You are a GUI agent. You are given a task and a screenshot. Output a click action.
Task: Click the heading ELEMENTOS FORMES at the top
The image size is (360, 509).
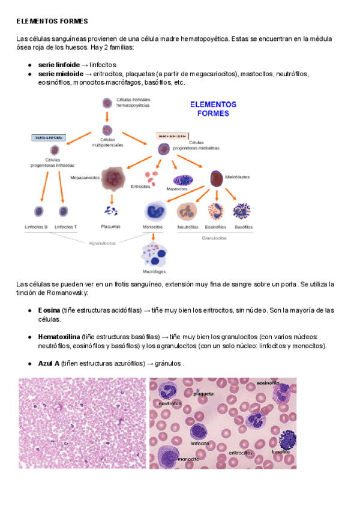[52, 21]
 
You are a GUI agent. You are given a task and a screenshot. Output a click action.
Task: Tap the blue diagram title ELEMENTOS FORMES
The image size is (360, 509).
[213, 108]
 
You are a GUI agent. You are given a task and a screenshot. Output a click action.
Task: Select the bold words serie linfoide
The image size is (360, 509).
[58, 64]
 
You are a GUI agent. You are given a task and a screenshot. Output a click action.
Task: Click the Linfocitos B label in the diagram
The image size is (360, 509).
[37, 227]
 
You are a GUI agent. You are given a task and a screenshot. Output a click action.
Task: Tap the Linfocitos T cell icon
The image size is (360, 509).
[64, 211]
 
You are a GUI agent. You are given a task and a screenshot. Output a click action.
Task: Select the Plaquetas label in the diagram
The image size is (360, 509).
[110, 227]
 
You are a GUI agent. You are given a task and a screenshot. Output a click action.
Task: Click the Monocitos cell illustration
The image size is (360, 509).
[155, 211]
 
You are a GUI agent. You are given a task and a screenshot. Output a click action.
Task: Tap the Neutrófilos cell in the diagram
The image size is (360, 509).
[187, 211]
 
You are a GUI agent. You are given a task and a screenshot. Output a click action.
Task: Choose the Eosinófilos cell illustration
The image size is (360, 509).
[215, 211]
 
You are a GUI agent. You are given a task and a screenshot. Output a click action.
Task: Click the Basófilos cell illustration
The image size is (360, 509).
[242, 211]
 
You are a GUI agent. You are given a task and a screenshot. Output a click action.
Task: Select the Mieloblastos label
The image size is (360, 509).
[238, 177]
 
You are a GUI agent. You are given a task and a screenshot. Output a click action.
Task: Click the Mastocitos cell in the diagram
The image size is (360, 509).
[181, 180]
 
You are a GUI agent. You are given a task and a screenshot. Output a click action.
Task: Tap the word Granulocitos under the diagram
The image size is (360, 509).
[214, 238]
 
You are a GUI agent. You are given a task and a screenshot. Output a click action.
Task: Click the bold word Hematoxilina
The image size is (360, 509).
[59, 337]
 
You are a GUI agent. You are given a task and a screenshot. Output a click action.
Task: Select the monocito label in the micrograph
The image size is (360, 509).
[171, 459]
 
